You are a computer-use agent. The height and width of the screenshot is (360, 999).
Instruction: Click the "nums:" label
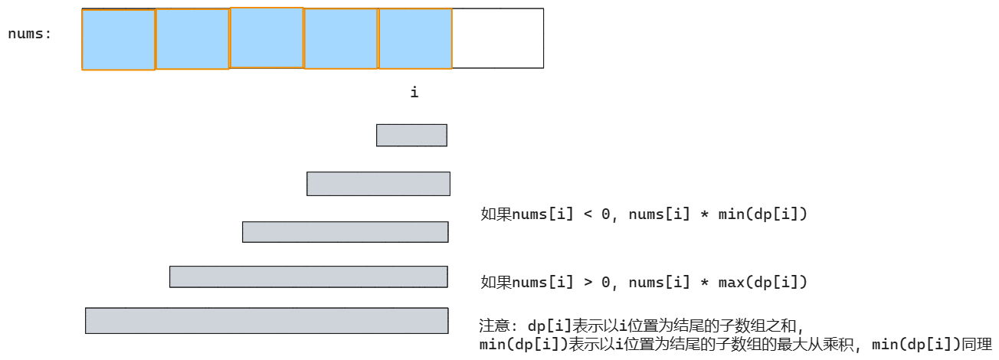30,34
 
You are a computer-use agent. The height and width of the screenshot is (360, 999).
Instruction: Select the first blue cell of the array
118,40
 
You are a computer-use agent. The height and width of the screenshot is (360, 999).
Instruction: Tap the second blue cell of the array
192,39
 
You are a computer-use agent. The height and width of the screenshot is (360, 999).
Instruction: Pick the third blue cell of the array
267,38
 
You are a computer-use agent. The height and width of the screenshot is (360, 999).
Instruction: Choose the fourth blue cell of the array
341,39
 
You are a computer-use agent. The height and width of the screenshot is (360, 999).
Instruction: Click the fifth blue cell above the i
415,39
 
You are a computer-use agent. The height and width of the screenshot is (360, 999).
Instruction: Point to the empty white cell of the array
498,38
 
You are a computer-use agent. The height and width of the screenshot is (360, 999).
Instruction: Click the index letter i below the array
414,93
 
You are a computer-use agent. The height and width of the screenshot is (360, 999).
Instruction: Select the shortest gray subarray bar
411,135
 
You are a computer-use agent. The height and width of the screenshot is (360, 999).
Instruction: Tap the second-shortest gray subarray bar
378,184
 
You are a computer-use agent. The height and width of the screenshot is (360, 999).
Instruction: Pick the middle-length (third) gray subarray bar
345,232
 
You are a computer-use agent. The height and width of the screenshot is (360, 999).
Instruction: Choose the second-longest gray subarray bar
308,277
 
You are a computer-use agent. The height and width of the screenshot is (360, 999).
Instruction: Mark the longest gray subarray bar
266,320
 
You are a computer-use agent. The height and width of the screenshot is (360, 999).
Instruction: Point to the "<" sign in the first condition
588,214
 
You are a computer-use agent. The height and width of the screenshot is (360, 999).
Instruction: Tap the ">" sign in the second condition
588,283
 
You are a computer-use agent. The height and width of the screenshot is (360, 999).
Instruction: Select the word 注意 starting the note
493,326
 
